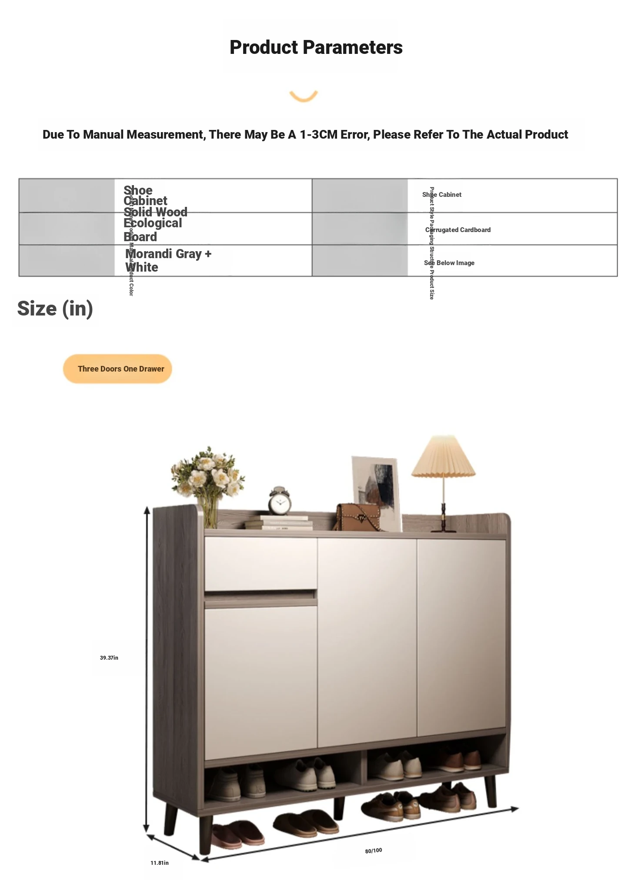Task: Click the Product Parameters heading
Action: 316,47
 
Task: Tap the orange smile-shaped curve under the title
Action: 304,96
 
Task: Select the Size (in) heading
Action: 55,309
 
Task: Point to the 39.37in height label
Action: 109,658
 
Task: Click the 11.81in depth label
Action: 159,863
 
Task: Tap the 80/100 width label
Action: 373,850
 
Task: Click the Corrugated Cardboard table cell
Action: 458,230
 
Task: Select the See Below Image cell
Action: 449,263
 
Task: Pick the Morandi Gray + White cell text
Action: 168,260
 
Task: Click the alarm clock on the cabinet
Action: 279,502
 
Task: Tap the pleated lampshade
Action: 443,458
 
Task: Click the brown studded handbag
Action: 357,517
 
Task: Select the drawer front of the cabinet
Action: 261,564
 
